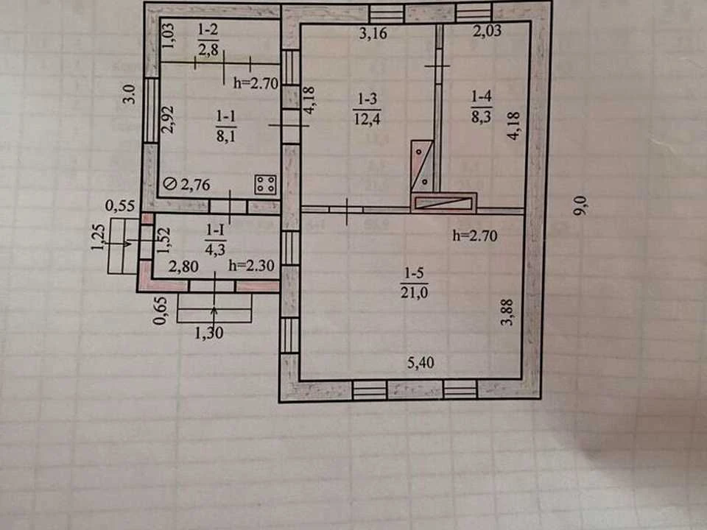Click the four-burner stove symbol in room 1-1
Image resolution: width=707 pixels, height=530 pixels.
(x=266, y=184)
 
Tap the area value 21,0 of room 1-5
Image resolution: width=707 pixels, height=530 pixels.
(x=415, y=292)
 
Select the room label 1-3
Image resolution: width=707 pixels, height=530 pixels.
(x=367, y=99)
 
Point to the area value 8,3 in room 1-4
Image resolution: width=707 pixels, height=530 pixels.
(x=481, y=116)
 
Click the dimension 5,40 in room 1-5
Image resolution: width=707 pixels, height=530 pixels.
(x=421, y=363)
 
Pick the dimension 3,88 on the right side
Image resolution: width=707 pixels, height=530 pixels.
(x=507, y=312)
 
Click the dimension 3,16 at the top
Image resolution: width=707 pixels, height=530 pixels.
(x=373, y=33)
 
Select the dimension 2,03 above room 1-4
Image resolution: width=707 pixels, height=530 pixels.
(x=487, y=31)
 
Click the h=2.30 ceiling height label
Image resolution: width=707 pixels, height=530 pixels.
(x=251, y=266)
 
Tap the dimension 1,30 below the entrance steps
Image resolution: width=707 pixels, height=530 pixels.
(x=208, y=333)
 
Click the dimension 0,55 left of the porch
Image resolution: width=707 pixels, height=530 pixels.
(x=120, y=206)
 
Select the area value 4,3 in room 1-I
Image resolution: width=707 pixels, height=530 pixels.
(x=215, y=250)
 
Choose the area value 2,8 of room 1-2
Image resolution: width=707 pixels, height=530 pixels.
(x=208, y=49)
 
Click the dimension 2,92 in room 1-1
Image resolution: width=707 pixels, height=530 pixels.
(x=167, y=119)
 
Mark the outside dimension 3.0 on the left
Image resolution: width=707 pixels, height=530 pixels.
(x=130, y=94)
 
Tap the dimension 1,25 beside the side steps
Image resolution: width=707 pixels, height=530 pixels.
(x=98, y=237)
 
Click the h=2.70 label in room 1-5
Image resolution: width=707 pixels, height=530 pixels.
(x=475, y=236)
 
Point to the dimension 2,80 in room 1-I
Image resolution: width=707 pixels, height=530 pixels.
(x=183, y=266)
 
